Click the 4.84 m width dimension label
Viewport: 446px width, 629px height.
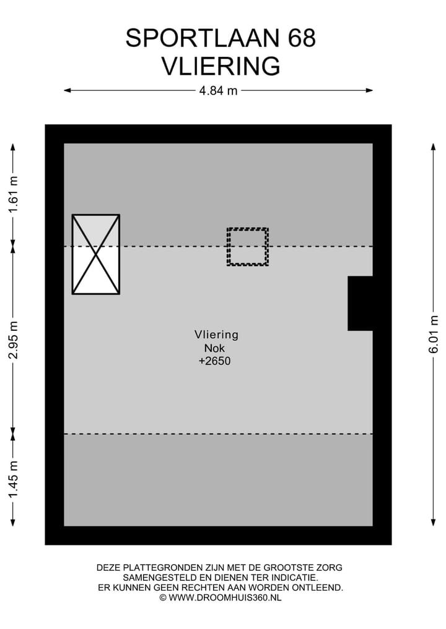coord(218,91)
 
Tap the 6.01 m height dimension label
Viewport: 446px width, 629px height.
coord(434,334)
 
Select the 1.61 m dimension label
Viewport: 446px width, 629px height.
coord(13,195)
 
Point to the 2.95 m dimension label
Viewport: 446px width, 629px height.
coord(13,340)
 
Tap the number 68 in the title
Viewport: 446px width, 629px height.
coord(302,38)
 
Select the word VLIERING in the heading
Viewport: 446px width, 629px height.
coord(221,66)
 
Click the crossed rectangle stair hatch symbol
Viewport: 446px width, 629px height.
coord(96,254)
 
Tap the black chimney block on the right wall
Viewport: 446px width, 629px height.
coord(360,303)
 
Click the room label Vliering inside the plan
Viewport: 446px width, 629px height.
coord(216,335)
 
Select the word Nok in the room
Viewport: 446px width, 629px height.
coord(214,348)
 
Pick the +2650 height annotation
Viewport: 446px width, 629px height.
coord(214,361)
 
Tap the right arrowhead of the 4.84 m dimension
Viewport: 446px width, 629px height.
coord(370,91)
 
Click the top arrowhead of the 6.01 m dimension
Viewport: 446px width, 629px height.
coord(434,147)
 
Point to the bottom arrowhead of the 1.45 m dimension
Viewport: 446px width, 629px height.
coord(13,522)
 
